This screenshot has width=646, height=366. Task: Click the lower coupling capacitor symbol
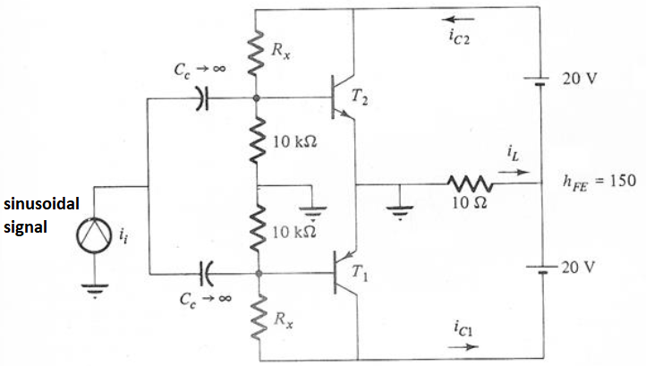click(205, 268)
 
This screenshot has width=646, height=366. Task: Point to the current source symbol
click(95, 235)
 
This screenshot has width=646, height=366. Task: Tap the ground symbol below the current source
click(95, 288)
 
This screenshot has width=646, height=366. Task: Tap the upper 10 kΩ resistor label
click(298, 144)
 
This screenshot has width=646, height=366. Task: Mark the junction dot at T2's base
click(257, 98)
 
